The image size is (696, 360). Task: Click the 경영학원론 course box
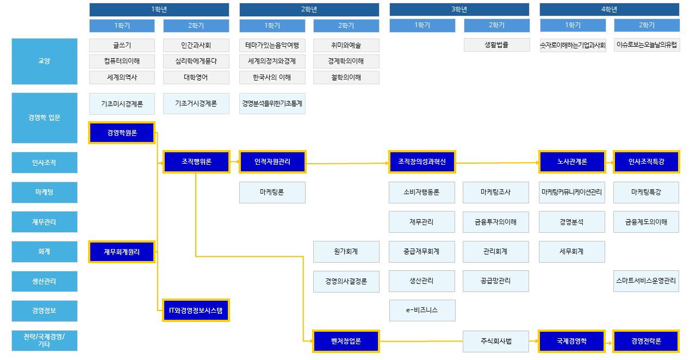[x=122, y=133]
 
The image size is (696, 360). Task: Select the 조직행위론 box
[x=196, y=162]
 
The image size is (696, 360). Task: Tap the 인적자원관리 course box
[x=272, y=162]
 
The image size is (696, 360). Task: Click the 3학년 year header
[x=459, y=9]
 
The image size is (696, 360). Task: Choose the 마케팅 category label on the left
[x=44, y=192]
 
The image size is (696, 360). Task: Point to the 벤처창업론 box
[x=346, y=342]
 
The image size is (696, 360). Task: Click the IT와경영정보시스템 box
[x=196, y=311]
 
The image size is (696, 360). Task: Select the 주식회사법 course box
[x=496, y=342]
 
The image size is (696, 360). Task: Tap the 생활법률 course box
[x=496, y=45]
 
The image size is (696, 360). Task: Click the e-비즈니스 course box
[x=422, y=310]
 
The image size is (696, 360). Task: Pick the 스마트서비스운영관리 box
[x=646, y=281]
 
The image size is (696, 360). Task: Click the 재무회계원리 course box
[x=122, y=251]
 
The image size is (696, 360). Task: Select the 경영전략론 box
[x=646, y=342]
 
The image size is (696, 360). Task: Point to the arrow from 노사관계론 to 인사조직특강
[x=609, y=162]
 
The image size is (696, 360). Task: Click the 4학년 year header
[x=609, y=9]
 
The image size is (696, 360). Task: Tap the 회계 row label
[x=44, y=251]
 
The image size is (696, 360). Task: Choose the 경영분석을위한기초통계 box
[x=272, y=103]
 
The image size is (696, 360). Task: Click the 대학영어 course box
[x=196, y=77]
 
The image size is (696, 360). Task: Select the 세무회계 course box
[x=571, y=251]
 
